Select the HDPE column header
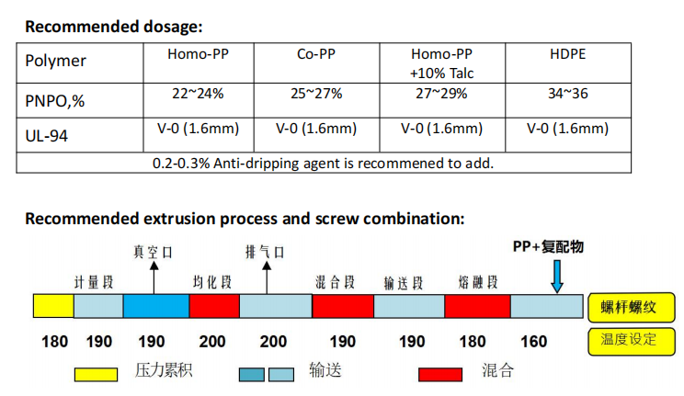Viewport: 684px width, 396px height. (x=566, y=54)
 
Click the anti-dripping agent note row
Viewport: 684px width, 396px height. (x=323, y=164)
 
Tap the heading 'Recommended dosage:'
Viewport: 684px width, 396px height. (x=113, y=27)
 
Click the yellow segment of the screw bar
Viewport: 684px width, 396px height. (x=53, y=306)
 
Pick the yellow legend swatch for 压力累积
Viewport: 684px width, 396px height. (x=96, y=374)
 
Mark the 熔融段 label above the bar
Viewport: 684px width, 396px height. (x=477, y=280)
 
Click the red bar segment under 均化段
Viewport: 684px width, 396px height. (x=213, y=306)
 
